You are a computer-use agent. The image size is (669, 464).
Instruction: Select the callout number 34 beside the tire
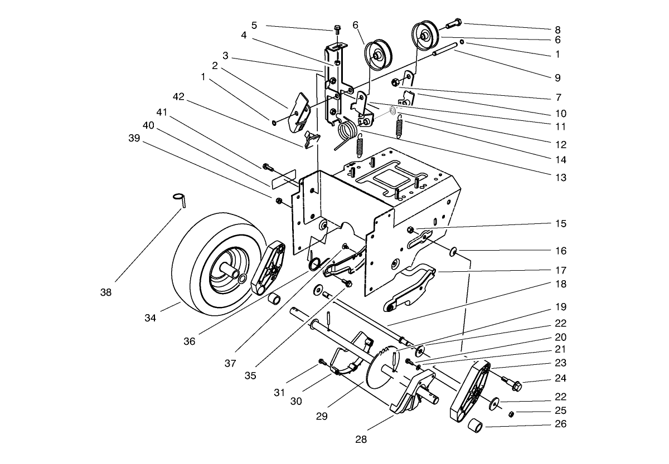coord(150,318)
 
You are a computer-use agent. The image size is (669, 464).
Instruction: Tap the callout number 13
coord(560,178)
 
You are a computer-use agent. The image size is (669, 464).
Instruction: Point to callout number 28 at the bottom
coord(361,439)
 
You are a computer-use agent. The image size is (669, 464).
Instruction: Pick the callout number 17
coord(560,270)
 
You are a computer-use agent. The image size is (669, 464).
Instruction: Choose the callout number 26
coord(560,424)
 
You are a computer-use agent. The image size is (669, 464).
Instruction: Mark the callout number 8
coord(557,29)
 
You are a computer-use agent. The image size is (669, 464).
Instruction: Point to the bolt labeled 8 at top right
coord(453,24)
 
